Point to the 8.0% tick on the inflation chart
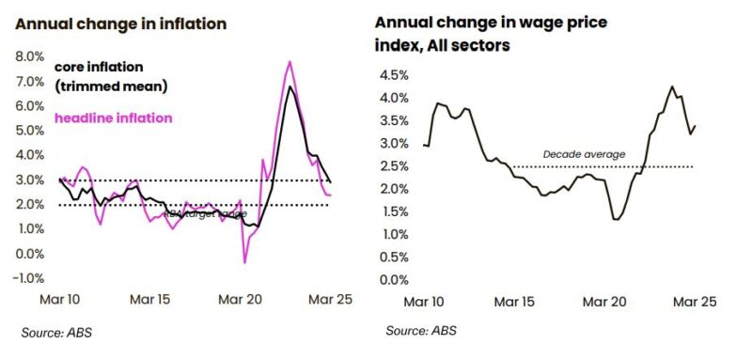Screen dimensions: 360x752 pyautogui.click(x=29, y=56)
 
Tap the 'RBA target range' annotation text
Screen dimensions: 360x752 pyautogui.click(x=205, y=213)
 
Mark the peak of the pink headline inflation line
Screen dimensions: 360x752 pyautogui.click(x=290, y=62)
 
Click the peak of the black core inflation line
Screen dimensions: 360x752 pyautogui.click(x=290, y=87)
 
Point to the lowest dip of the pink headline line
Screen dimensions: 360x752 pyautogui.click(x=244, y=262)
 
